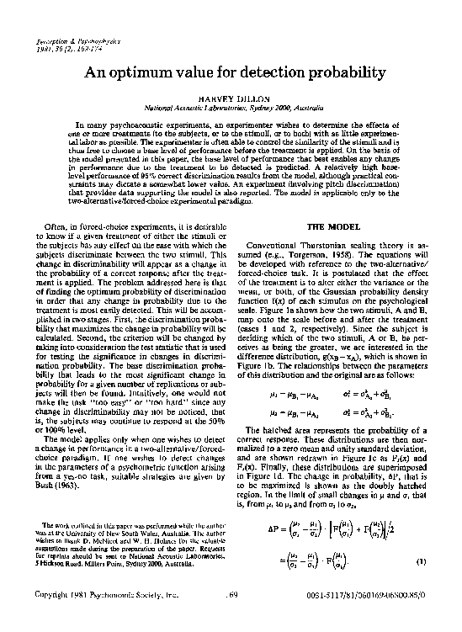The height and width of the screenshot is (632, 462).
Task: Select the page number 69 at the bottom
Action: click(233, 618)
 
